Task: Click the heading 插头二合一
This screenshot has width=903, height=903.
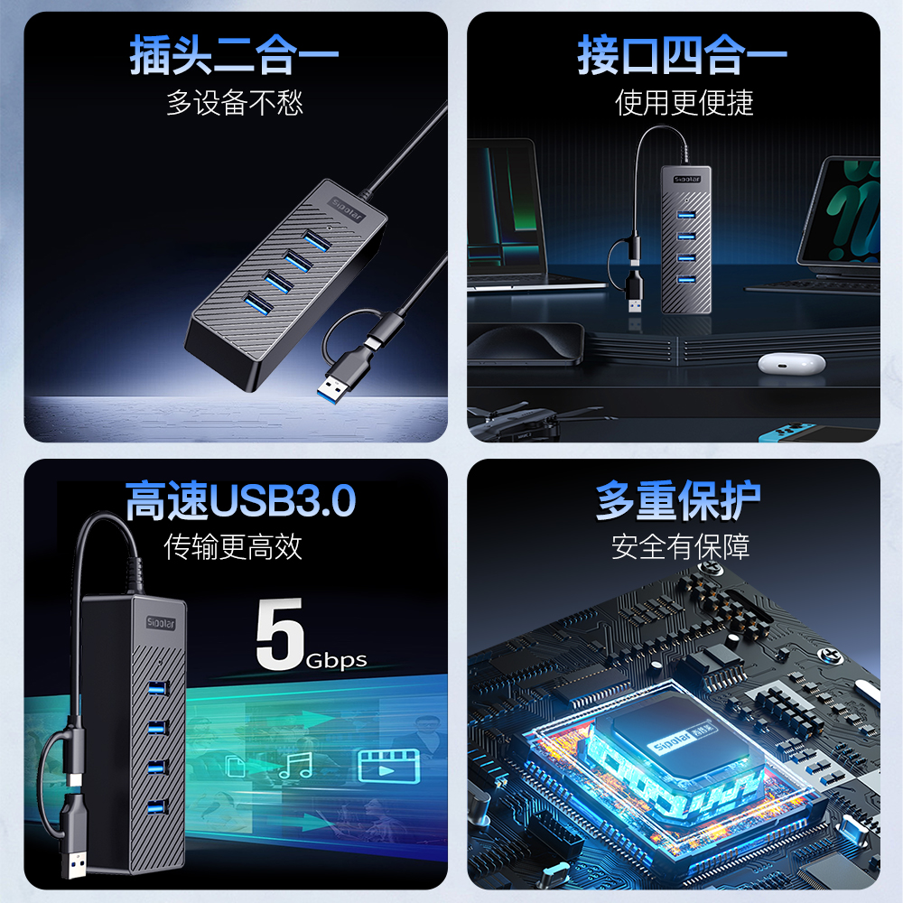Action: pos(234,55)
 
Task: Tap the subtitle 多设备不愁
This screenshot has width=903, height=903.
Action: pos(235,103)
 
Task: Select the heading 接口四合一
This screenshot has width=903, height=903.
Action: pos(682,55)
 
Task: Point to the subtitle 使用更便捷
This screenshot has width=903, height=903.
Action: pos(684,103)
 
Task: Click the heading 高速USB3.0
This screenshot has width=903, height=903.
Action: pos(241,500)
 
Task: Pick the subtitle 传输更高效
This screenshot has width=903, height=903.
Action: pos(233,546)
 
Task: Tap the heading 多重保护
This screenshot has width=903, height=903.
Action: pos(678,500)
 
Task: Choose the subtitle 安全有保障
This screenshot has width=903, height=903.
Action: pos(681,546)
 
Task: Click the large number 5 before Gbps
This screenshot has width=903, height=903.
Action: pos(280,634)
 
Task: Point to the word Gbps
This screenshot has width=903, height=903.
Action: pos(336,661)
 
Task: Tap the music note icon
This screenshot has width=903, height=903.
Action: pos(296,766)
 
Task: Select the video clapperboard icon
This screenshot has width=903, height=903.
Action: pos(388,766)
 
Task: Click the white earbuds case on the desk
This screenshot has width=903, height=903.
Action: pos(792,363)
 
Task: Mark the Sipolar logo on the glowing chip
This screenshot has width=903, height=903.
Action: pos(683,737)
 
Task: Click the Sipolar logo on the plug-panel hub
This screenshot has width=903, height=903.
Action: pos(347,209)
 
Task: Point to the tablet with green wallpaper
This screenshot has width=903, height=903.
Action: pos(841,210)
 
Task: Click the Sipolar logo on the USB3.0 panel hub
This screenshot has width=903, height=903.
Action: pos(161,623)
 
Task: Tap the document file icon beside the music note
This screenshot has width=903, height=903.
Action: pos(236,767)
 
